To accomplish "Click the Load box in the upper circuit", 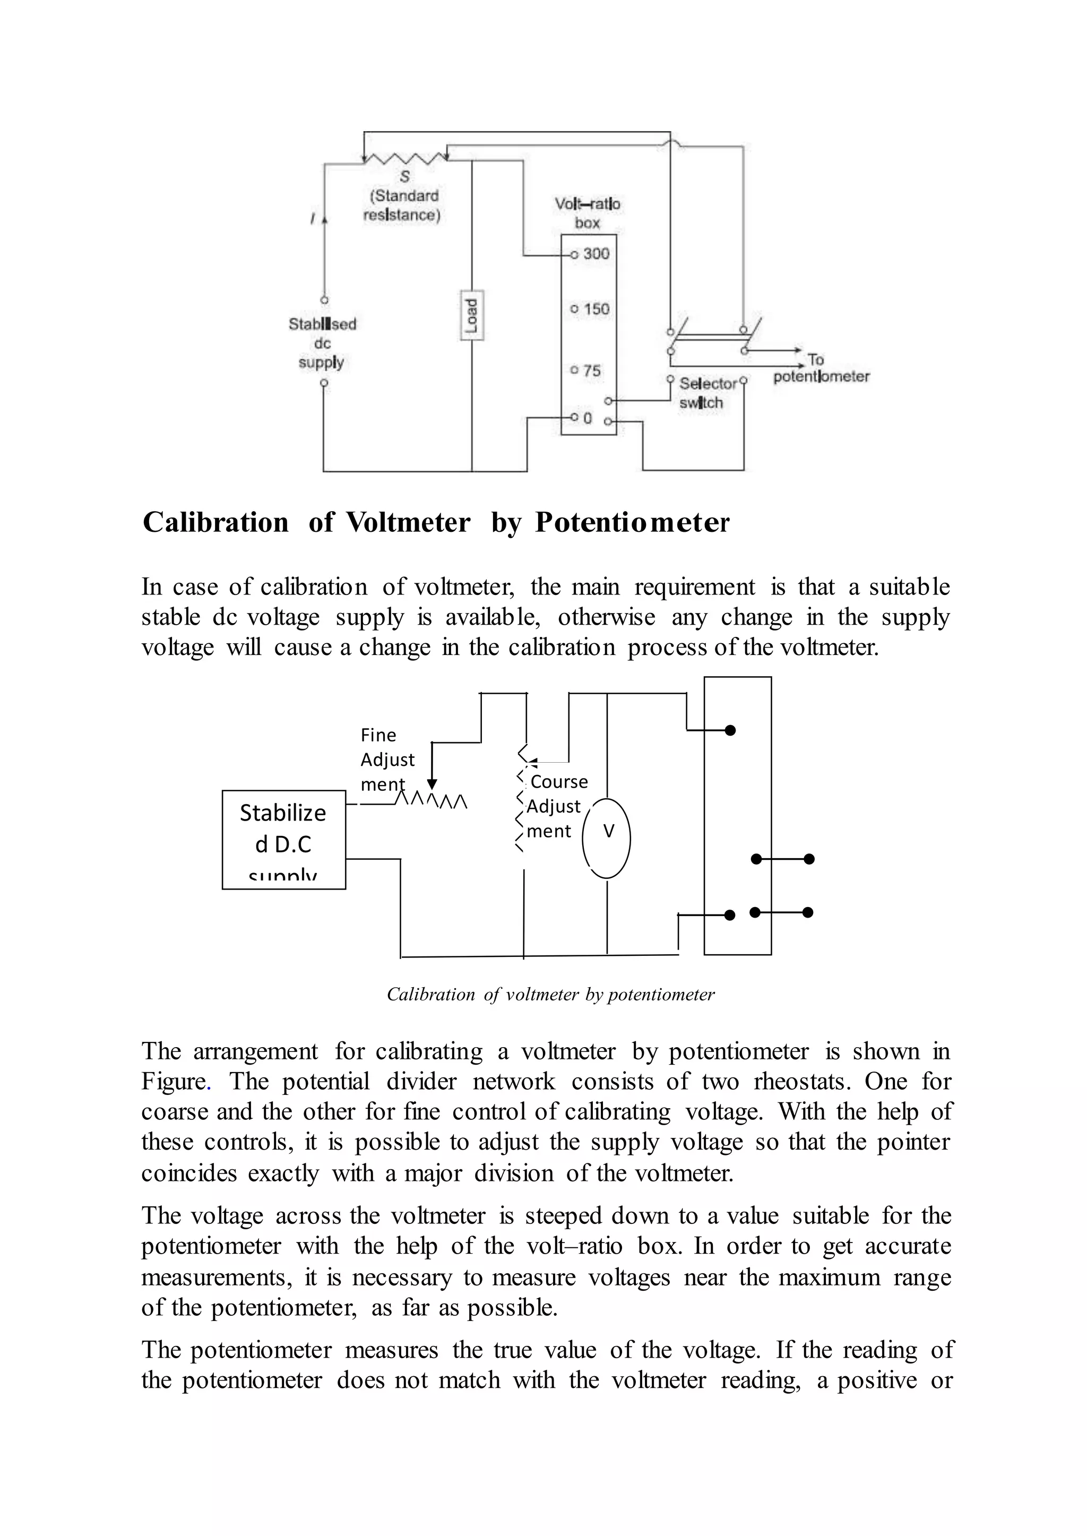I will click(472, 315).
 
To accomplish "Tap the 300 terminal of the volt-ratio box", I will click(594, 254).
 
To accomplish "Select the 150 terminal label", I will click(595, 309).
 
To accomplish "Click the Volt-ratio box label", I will click(588, 213).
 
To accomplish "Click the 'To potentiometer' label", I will click(821, 369).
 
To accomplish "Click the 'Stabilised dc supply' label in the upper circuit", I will click(322, 343).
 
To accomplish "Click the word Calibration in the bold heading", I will click(215, 523).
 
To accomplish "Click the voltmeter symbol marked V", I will click(607, 838).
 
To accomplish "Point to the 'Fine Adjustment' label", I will click(387, 760).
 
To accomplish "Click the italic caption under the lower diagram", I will click(550, 995).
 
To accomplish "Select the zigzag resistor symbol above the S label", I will click(405, 159).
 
